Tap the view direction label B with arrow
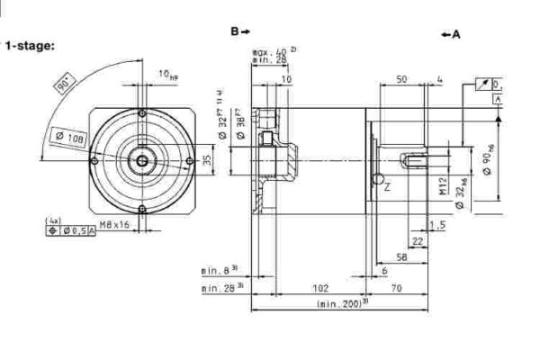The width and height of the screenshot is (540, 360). tap(238, 31)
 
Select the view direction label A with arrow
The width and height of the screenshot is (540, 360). tap(451, 34)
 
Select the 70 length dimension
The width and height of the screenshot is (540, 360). tap(397, 289)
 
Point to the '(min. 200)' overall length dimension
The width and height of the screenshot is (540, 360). tap(339, 305)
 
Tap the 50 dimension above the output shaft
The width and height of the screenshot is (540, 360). tap(401, 79)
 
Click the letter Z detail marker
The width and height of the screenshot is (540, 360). tap(387, 187)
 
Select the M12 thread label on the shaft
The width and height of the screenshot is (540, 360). tap(443, 185)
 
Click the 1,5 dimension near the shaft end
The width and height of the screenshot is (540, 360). tap(437, 223)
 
